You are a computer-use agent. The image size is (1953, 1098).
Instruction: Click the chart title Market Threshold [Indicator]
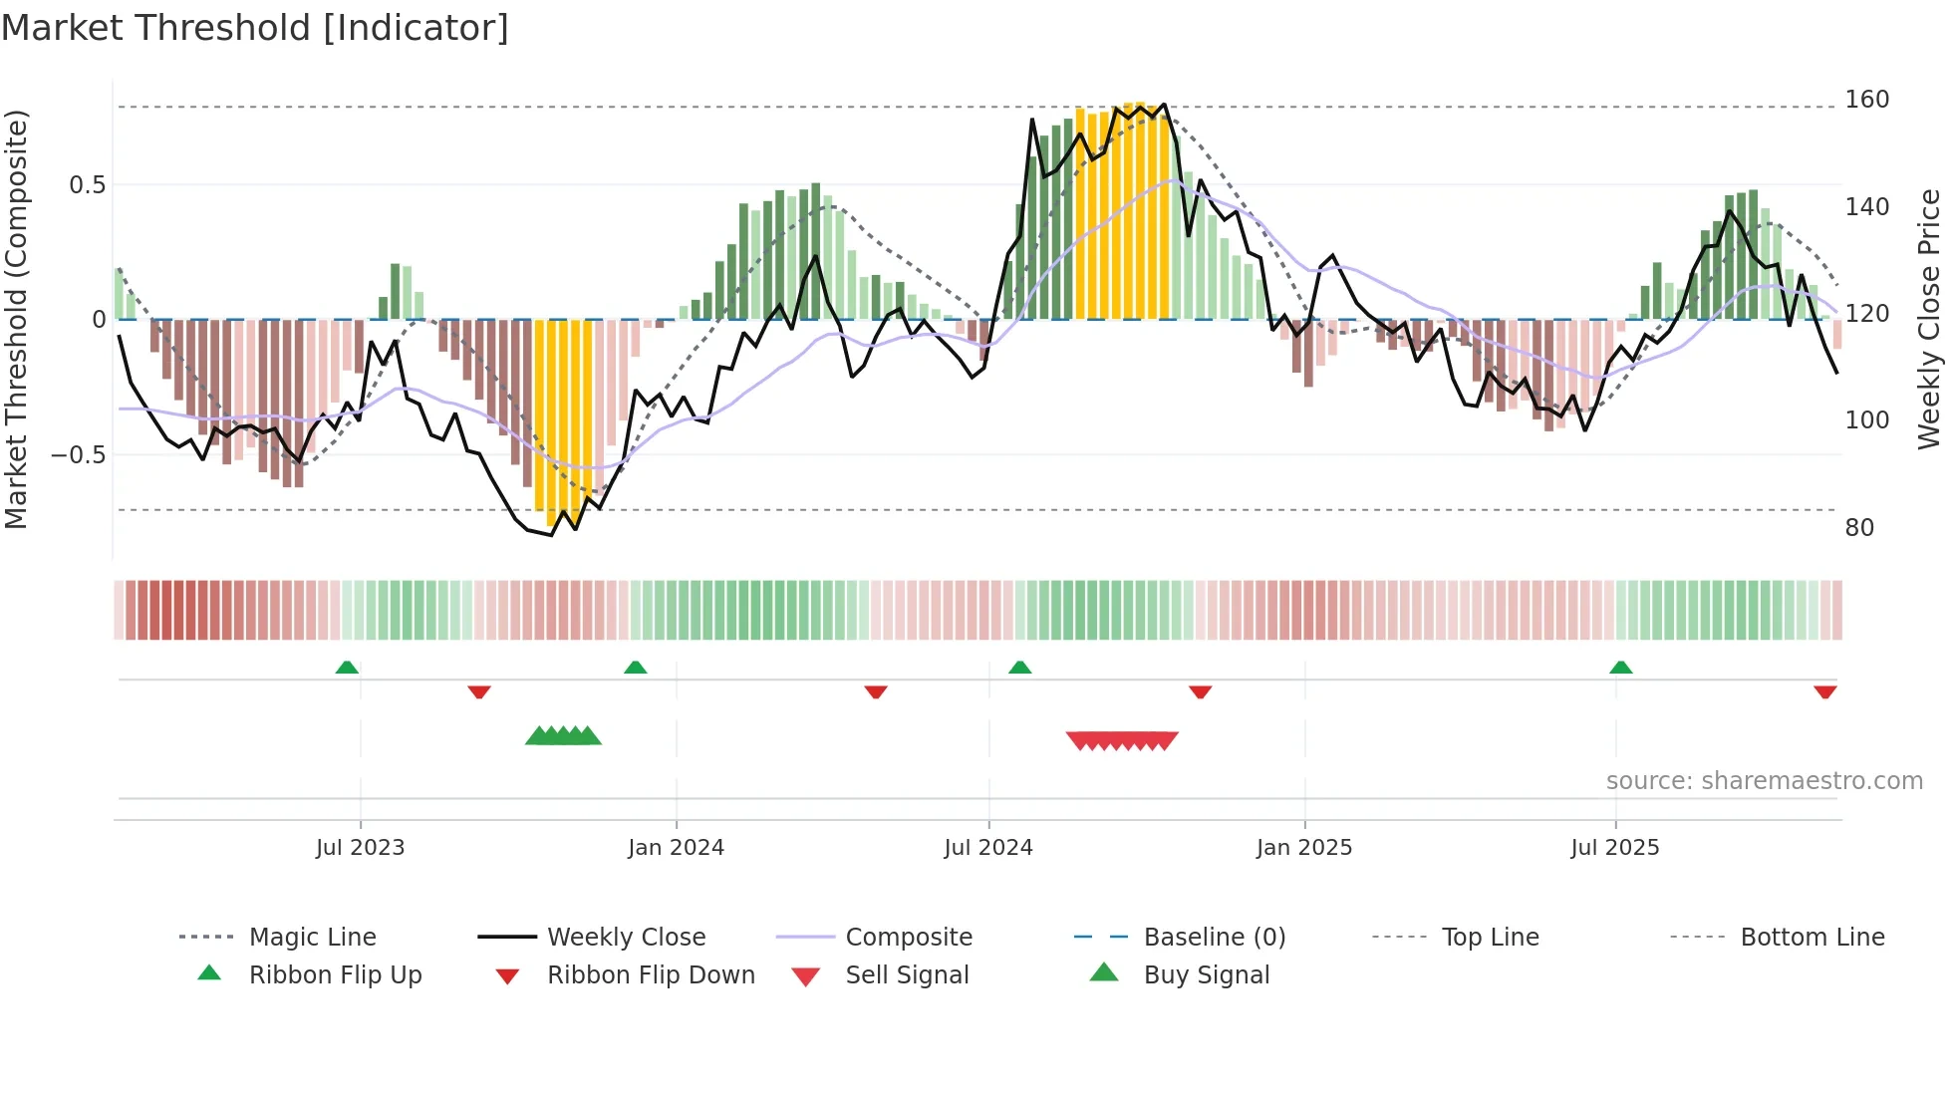(x=255, y=28)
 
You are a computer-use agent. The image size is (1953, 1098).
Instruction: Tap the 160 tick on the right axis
(x=1866, y=100)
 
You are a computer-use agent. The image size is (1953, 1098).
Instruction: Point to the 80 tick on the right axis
(x=1859, y=528)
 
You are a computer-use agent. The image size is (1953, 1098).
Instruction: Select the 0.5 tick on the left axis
(x=87, y=185)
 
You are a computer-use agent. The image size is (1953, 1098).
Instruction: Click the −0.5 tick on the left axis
(x=79, y=455)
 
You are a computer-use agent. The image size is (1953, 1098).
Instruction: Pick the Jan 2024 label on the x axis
(x=676, y=848)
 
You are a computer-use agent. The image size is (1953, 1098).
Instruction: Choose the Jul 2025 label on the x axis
(x=1614, y=848)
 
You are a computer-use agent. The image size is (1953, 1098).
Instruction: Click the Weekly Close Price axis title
(x=1929, y=319)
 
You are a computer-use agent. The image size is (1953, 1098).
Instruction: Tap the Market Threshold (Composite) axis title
(x=17, y=319)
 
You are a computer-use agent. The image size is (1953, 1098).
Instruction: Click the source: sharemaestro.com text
(x=1764, y=781)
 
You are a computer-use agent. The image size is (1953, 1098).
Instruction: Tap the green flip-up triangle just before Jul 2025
(x=1620, y=668)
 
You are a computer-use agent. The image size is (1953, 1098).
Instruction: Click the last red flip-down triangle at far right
(x=1824, y=691)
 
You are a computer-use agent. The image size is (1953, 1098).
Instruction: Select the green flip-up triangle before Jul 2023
(x=346, y=668)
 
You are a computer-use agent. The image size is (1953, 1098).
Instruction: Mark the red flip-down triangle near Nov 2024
(x=1200, y=691)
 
